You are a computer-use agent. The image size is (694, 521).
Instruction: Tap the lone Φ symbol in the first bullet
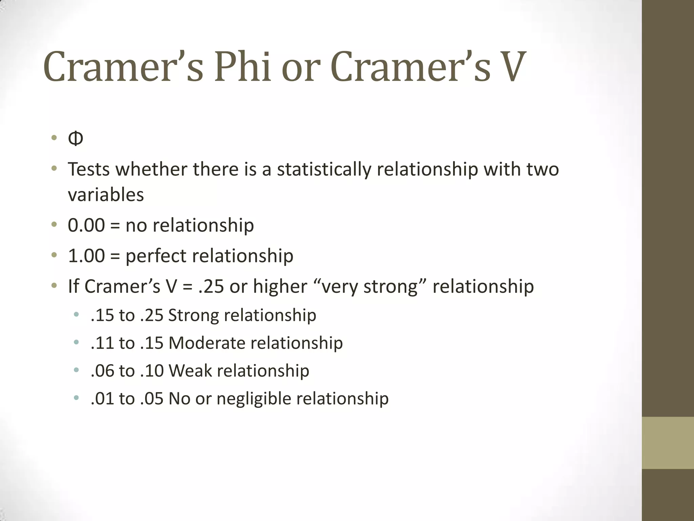click(75, 139)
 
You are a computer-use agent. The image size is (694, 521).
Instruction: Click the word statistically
click(324, 169)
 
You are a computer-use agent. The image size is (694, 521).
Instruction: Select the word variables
click(106, 195)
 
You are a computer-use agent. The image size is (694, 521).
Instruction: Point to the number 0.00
click(86, 225)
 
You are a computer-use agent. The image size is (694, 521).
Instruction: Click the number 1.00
click(86, 256)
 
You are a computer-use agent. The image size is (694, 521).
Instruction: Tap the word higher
click(280, 287)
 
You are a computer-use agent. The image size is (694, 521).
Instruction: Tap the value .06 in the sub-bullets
click(102, 371)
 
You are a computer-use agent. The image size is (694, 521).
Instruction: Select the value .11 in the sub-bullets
click(102, 343)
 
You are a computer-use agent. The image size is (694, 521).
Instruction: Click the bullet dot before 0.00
click(54, 225)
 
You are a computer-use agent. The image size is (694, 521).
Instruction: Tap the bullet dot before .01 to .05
click(76, 398)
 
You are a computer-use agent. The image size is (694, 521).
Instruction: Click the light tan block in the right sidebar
click(668, 443)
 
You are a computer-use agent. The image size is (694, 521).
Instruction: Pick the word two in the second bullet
click(543, 169)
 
